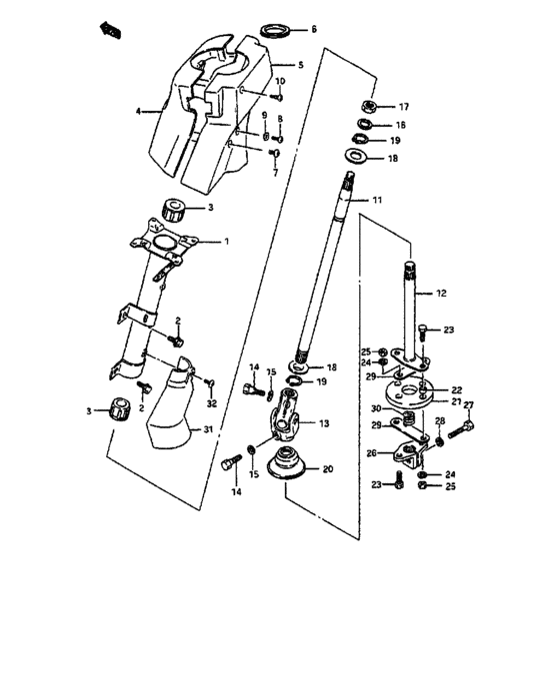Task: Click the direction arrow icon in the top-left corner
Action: click(108, 31)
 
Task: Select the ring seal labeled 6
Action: click(274, 31)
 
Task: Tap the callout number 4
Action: click(140, 112)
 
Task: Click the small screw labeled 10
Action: click(279, 97)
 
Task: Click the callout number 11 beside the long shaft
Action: click(377, 201)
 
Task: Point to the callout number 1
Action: click(226, 241)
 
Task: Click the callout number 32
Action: click(211, 403)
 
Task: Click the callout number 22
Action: click(457, 390)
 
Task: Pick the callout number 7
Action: click(274, 172)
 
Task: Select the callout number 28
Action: click(439, 421)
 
